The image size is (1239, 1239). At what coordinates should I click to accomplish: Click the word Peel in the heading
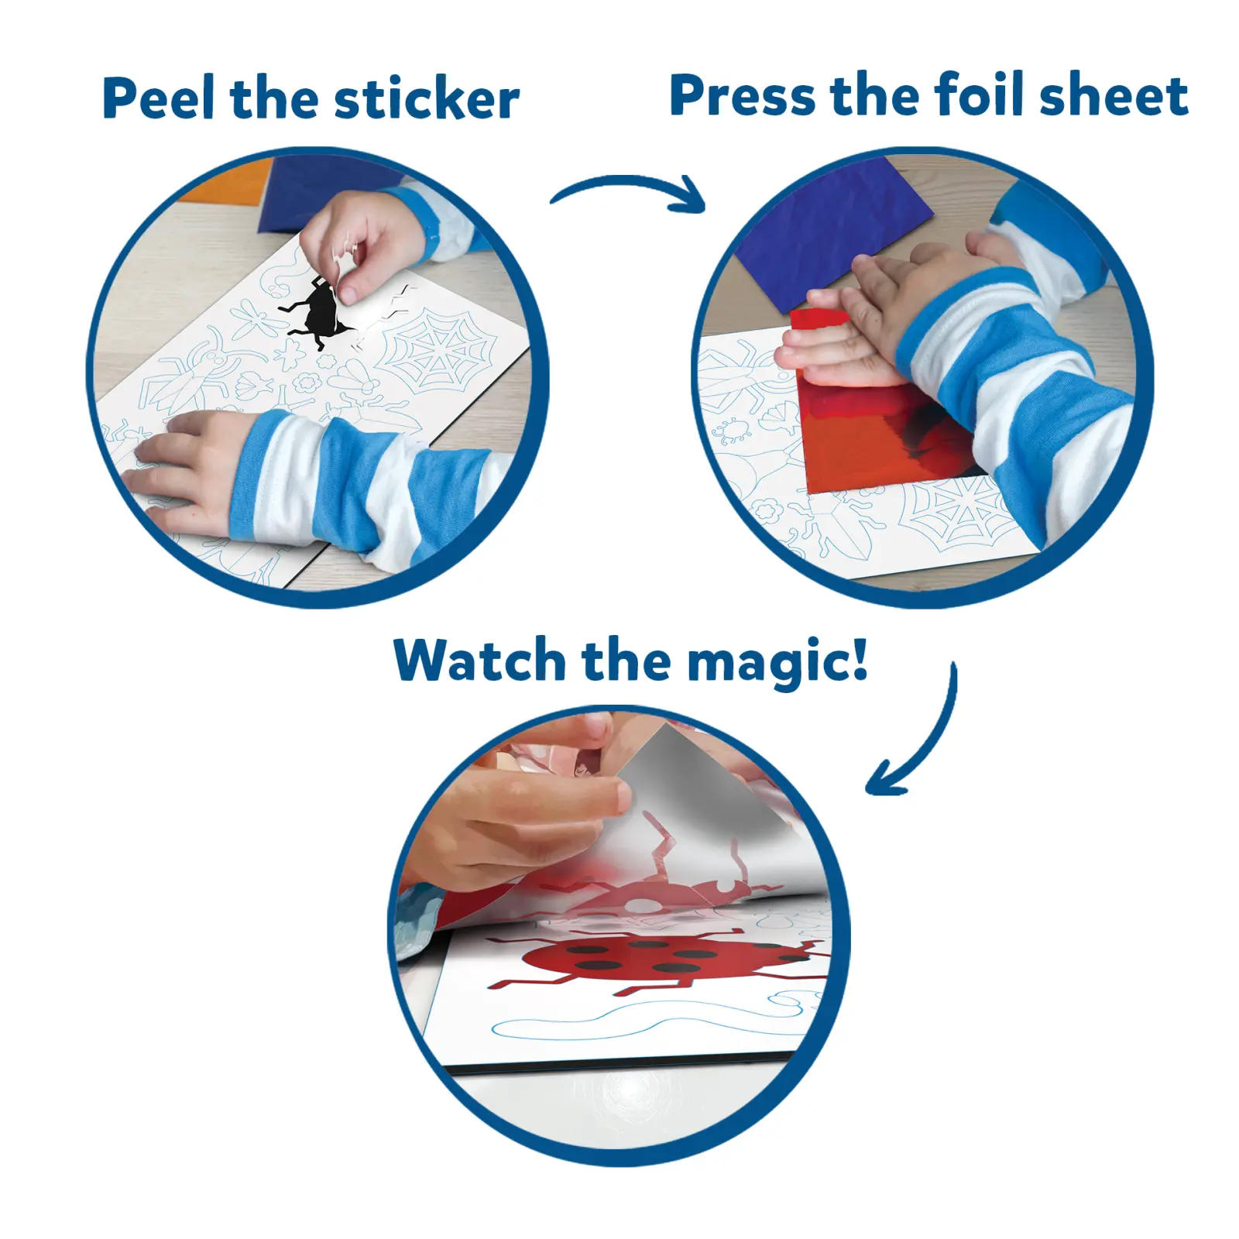(158, 98)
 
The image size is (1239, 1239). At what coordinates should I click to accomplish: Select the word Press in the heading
(742, 97)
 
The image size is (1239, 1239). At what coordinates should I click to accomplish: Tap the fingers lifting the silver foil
(542, 805)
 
